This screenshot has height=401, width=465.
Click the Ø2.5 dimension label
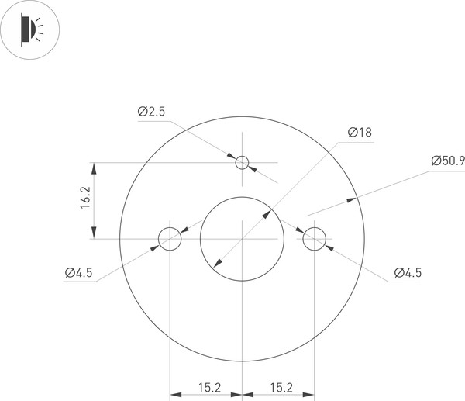[152, 112]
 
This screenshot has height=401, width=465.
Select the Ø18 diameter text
[360, 132]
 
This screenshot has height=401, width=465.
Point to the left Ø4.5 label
[79, 272]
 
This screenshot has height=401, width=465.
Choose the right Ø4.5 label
[407, 272]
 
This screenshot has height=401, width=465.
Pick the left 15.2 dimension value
[206, 386]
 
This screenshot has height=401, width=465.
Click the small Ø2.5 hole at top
[243, 162]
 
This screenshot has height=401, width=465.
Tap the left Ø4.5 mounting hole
[170, 239]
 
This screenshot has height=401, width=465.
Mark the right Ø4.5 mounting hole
[314, 239]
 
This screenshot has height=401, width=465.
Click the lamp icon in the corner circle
[29, 30]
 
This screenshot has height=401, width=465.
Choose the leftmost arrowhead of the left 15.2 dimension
[174, 393]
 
